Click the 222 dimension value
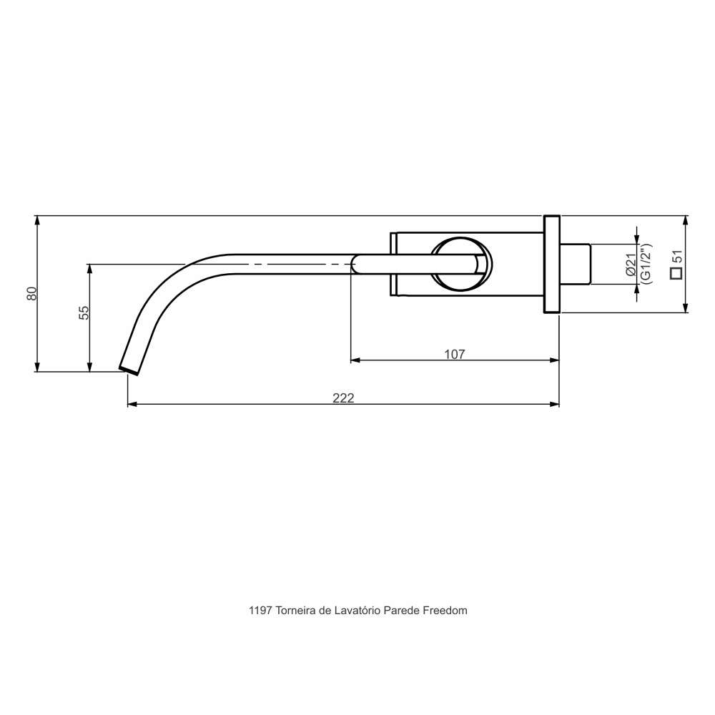[343, 398]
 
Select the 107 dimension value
[455, 354]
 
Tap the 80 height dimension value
[31, 293]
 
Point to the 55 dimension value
[84, 312]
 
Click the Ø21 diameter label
[631, 265]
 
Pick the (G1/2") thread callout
[646, 264]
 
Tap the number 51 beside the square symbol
[677, 257]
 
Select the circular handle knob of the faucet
[461, 264]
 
